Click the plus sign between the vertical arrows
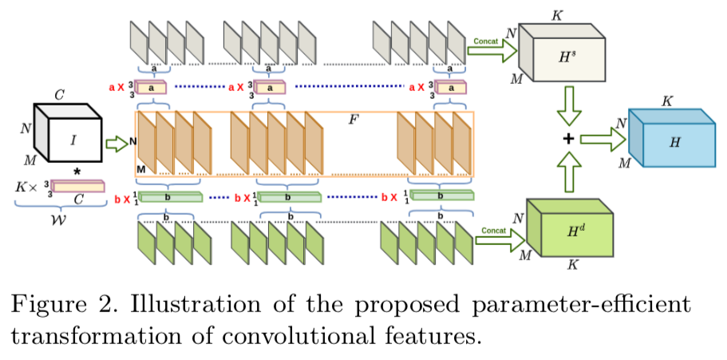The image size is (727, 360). tap(569, 140)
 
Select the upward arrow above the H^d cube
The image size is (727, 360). tap(570, 172)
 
